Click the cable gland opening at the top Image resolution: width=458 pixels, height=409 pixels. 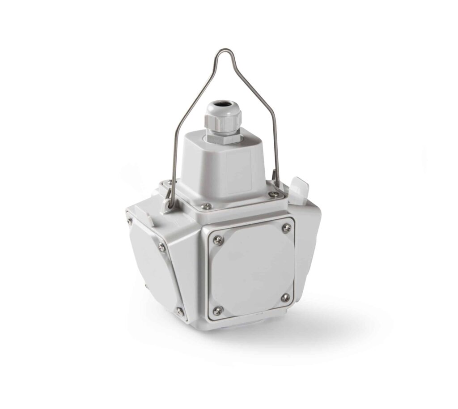click(x=218, y=107)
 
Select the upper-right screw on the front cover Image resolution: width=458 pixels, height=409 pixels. click(x=286, y=228)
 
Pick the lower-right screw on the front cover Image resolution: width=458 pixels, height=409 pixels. click(x=285, y=298)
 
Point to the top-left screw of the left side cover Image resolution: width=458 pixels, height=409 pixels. click(x=129, y=220)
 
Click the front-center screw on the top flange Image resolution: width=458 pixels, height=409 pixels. click(x=206, y=206)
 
